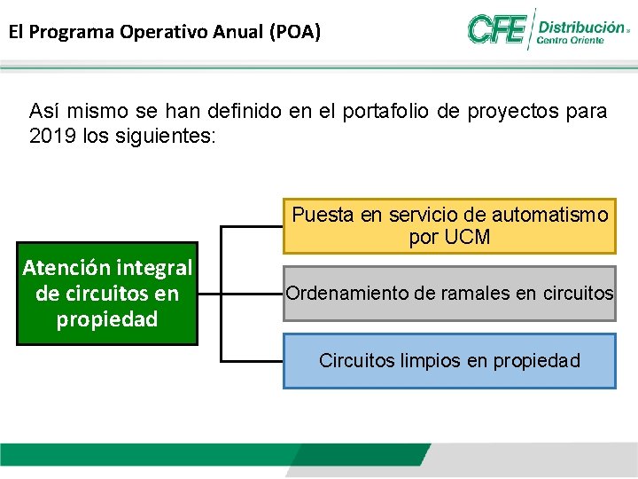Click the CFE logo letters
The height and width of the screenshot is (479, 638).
(497, 29)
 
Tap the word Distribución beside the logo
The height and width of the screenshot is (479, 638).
(581, 27)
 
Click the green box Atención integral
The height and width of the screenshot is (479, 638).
(107, 294)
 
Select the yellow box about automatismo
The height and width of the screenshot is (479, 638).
(449, 225)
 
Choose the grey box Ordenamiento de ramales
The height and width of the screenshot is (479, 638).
(449, 292)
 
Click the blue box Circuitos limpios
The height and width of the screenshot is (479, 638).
(449, 360)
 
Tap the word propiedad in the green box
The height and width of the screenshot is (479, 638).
(107, 319)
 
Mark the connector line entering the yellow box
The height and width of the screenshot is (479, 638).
(252, 226)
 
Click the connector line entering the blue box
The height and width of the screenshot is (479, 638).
(252, 361)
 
